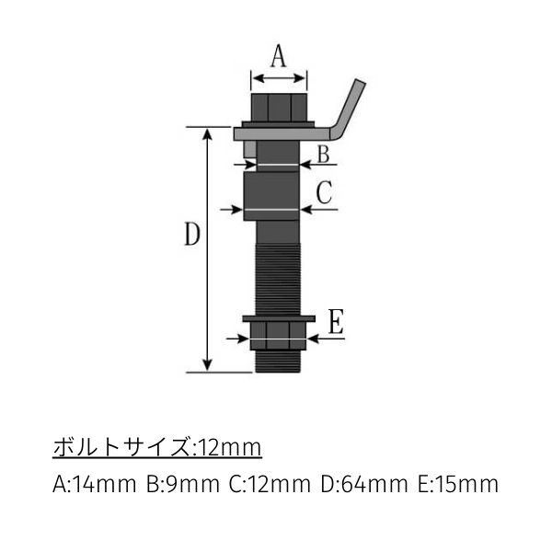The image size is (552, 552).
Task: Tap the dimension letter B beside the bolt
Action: tap(323, 154)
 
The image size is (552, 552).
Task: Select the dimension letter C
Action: tap(324, 192)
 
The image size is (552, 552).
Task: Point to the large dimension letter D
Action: tap(190, 236)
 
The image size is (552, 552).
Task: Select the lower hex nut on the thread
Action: tap(278, 333)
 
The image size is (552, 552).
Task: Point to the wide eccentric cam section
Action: tap(271, 195)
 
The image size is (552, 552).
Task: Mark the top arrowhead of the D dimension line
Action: tap(209, 134)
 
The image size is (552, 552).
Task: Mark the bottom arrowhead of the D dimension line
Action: tap(209, 365)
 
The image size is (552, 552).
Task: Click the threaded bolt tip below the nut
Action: tap(278, 362)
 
